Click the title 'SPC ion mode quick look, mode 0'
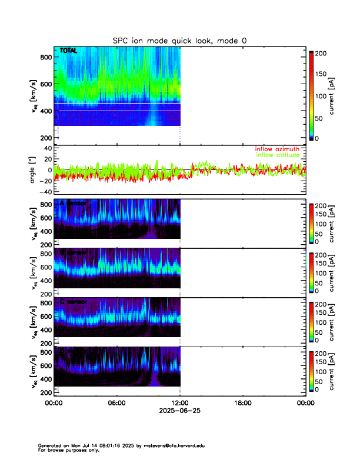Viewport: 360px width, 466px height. click(x=179, y=40)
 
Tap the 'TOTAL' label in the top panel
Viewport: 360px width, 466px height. click(x=69, y=51)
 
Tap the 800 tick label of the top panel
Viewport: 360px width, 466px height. click(x=46, y=57)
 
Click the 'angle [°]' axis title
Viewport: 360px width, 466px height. click(x=34, y=169)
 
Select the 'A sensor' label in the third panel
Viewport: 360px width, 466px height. click(x=73, y=203)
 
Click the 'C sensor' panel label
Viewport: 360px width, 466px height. click(x=73, y=302)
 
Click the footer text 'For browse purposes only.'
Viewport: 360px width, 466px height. click(x=68, y=450)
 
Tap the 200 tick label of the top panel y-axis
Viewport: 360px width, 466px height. click(x=46, y=138)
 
